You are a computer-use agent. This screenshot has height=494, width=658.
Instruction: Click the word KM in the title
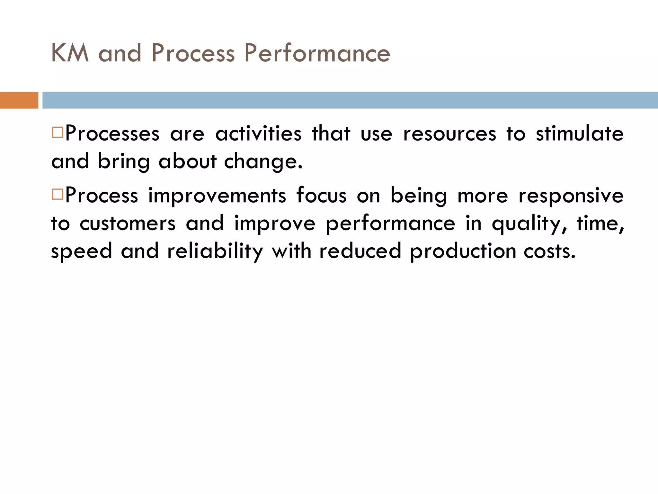pyautogui.click(x=70, y=53)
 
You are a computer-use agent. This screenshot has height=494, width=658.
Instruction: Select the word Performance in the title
pyautogui.click(x=317, y=53)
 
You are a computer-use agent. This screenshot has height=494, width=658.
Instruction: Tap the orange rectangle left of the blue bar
pyautogui.click(x=19, y=100)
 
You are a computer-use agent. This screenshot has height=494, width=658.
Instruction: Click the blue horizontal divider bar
pyautogui.click(x=350, y=100)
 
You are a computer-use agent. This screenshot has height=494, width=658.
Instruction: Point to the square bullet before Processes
pyautogui.click(x=57, y=132)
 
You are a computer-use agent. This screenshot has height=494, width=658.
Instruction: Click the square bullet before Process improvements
pyautogui.click(x=57, y=194)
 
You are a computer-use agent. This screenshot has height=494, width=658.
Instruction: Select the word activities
pyautogui.click(x=258, y=134)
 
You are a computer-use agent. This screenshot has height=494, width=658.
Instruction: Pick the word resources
pyautogui.click(x=449, y=134)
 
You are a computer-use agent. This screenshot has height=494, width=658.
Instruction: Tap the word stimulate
pyautogui.click(x=580, y=134)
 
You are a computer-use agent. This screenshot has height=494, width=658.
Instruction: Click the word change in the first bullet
pyautogui.click(x=263, y=161)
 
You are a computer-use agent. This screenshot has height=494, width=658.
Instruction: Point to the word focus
pyautogui.click(x=321, y=196)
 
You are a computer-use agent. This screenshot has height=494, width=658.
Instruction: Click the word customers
pyautogui.click(x=128, y=224)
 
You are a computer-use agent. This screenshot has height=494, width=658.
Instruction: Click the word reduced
pyautogui.click(x=360, y=251)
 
